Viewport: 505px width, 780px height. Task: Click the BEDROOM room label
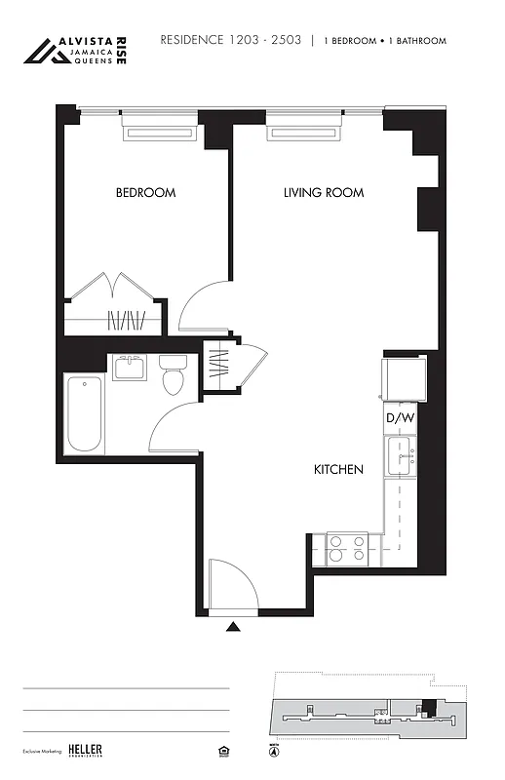[145, 193]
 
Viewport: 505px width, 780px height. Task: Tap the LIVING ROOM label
[324, 193]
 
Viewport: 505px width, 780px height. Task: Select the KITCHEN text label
[338, 470]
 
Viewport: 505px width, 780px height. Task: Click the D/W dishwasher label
[400, 419]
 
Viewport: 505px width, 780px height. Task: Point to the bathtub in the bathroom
[85, 413]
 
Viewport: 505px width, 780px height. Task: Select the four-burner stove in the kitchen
[346, 549]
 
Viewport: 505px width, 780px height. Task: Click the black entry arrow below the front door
[233, 628]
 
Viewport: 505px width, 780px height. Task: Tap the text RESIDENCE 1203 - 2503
[230, 41]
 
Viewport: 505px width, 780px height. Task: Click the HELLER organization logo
[85, 750]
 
